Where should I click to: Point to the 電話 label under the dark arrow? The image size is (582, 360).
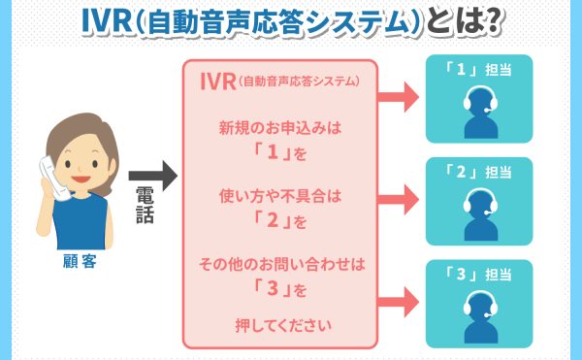(144, 208)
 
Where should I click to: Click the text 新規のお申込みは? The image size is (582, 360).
(278, 127)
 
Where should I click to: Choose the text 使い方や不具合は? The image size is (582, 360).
(278, 196)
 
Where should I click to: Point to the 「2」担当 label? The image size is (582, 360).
(478, 172)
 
